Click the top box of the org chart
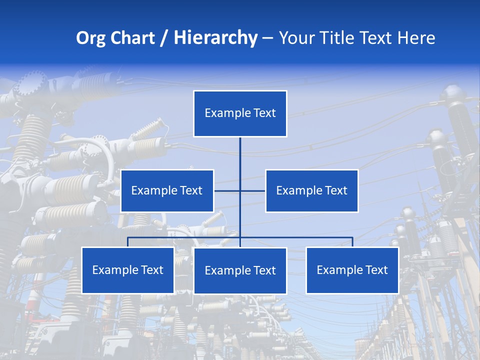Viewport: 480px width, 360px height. (x=240, y=113)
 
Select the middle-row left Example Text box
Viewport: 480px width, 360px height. (x=167, y=190)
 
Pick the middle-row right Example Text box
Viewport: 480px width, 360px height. (x=311, y=190)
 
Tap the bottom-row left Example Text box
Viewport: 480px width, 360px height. (x=127, y=270)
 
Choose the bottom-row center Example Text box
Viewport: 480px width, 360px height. (x=240, y=270)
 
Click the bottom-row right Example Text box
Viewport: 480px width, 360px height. (x=352, y=270)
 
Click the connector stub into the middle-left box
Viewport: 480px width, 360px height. (x=226, y=190)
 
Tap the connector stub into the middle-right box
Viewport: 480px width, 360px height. (x=253, y=190)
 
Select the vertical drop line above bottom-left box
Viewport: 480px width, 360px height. (x=127, y=242)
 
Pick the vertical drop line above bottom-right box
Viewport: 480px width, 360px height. (x=352, y=242)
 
